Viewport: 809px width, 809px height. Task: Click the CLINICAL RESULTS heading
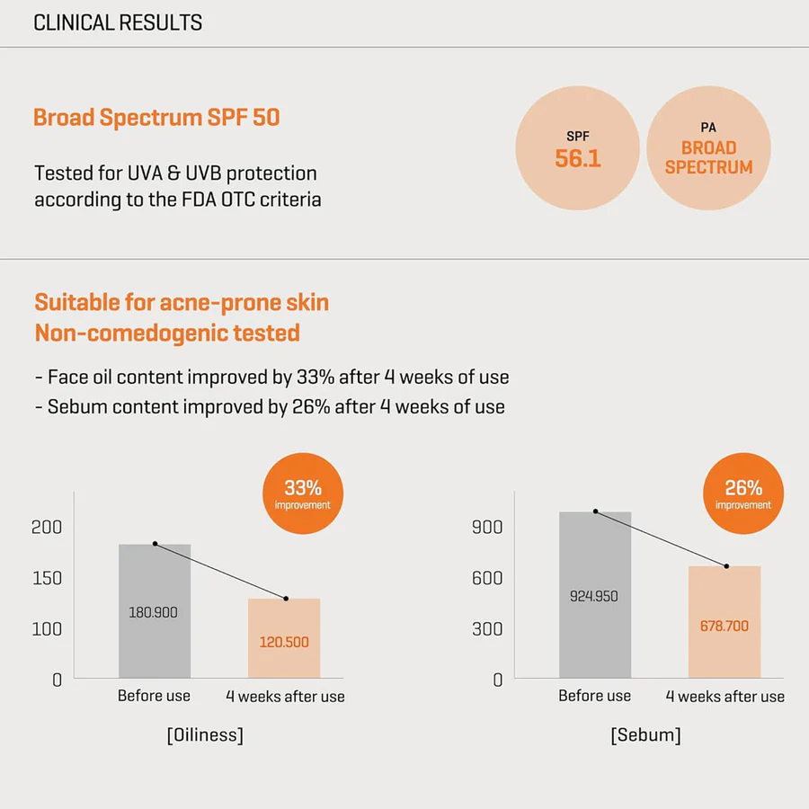[x=118, y=23]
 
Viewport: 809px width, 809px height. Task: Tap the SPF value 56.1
[x=577, y=159]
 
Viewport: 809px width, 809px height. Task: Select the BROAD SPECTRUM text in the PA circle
[x=708, y=157]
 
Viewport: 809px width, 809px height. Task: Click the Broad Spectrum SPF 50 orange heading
[x=156, y=118]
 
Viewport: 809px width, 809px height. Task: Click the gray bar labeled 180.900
[x=155, y=610]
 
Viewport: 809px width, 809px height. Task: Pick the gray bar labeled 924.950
[x=595, y=594]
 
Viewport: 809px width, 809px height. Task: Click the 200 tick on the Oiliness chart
[x=47, y=527]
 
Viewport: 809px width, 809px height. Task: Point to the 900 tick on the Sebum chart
[x=487, y=527]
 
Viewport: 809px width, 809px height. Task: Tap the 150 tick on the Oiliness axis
[x=47, y=578]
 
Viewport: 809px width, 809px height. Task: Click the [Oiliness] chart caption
[x=205, y=735]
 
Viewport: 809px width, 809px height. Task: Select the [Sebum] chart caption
[x=645, y=735]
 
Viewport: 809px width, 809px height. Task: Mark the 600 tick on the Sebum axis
[x=487, y=578]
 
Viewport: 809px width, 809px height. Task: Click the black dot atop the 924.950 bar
[x=595, y=511]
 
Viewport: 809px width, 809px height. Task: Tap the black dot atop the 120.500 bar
[x=286, y=599]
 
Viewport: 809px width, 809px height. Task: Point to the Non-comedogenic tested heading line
[x=167, y=333]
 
